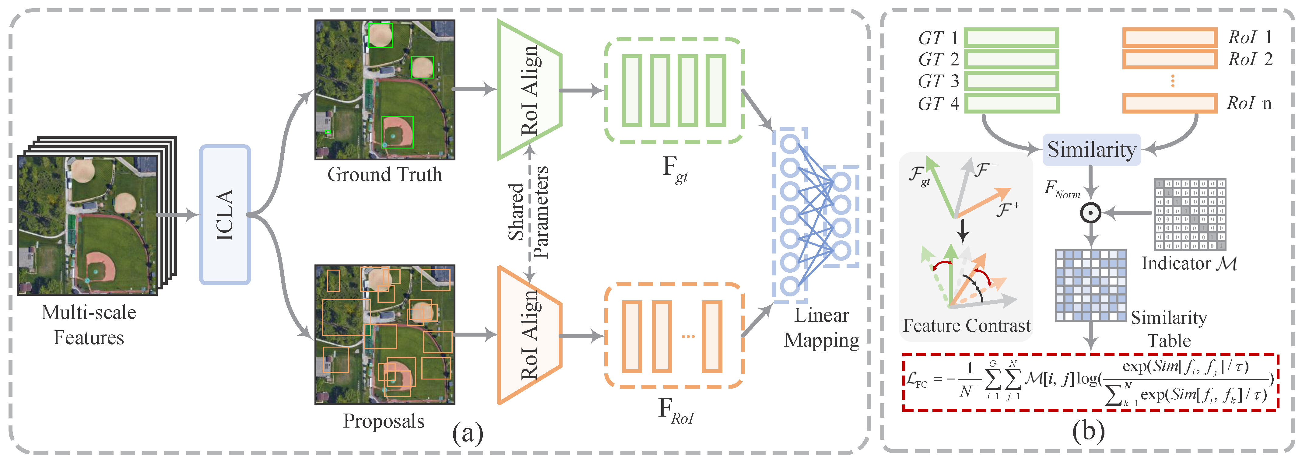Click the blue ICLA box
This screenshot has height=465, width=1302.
pyautogui.click(x=225, y=215)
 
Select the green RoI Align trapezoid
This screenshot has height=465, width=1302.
pyautogui.click(x=528, y=90)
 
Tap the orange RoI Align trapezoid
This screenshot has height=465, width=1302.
pyautogui.click(x=528, y=335)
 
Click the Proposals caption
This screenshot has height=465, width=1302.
pyautogui.click(x=384, y=421)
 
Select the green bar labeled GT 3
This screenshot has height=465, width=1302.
pyautogui.click(x=1011, y=81)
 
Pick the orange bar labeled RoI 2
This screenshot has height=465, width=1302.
pyautogui.click(x=1169, y=59)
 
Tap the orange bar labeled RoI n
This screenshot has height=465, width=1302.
pyautogui.click(x=1169, y=103)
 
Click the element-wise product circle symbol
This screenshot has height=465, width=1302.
pyautogui.click(x=1090, y=213)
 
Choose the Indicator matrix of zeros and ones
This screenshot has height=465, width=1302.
pyautogui.click(x=1190, y=214)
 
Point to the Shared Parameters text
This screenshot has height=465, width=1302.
pyautogui.click(x=528, y=212)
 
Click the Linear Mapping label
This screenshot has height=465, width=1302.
pyautogui.click(x=821, y=327)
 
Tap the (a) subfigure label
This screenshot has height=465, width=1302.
pyautogui.click(x=468, y=433)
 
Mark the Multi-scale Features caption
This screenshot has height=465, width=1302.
pyautogui.click(x=89, y=324)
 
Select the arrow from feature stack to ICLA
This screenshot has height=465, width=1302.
pyautogui.click(x=178, y=215)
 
